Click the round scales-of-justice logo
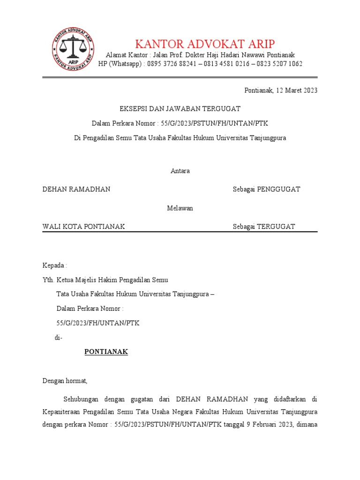tap(72, 49)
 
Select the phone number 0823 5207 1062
tap(279, 64)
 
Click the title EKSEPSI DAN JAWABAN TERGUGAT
tap(180, 109)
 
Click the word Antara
tap(180, 171)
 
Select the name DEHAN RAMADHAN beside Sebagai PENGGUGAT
tap(76, 189)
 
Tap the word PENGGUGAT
tap(279, 189)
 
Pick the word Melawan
tap(180, 208)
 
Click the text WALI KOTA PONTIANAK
tap(83, 227)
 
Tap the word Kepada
tap(54, 265)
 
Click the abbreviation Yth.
tap(48, 280)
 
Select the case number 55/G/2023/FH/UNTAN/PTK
tap(97, 323)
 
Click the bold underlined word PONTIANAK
tap(106, 352)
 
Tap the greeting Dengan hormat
tap(65, 381)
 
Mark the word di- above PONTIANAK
tap(59, 337)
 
